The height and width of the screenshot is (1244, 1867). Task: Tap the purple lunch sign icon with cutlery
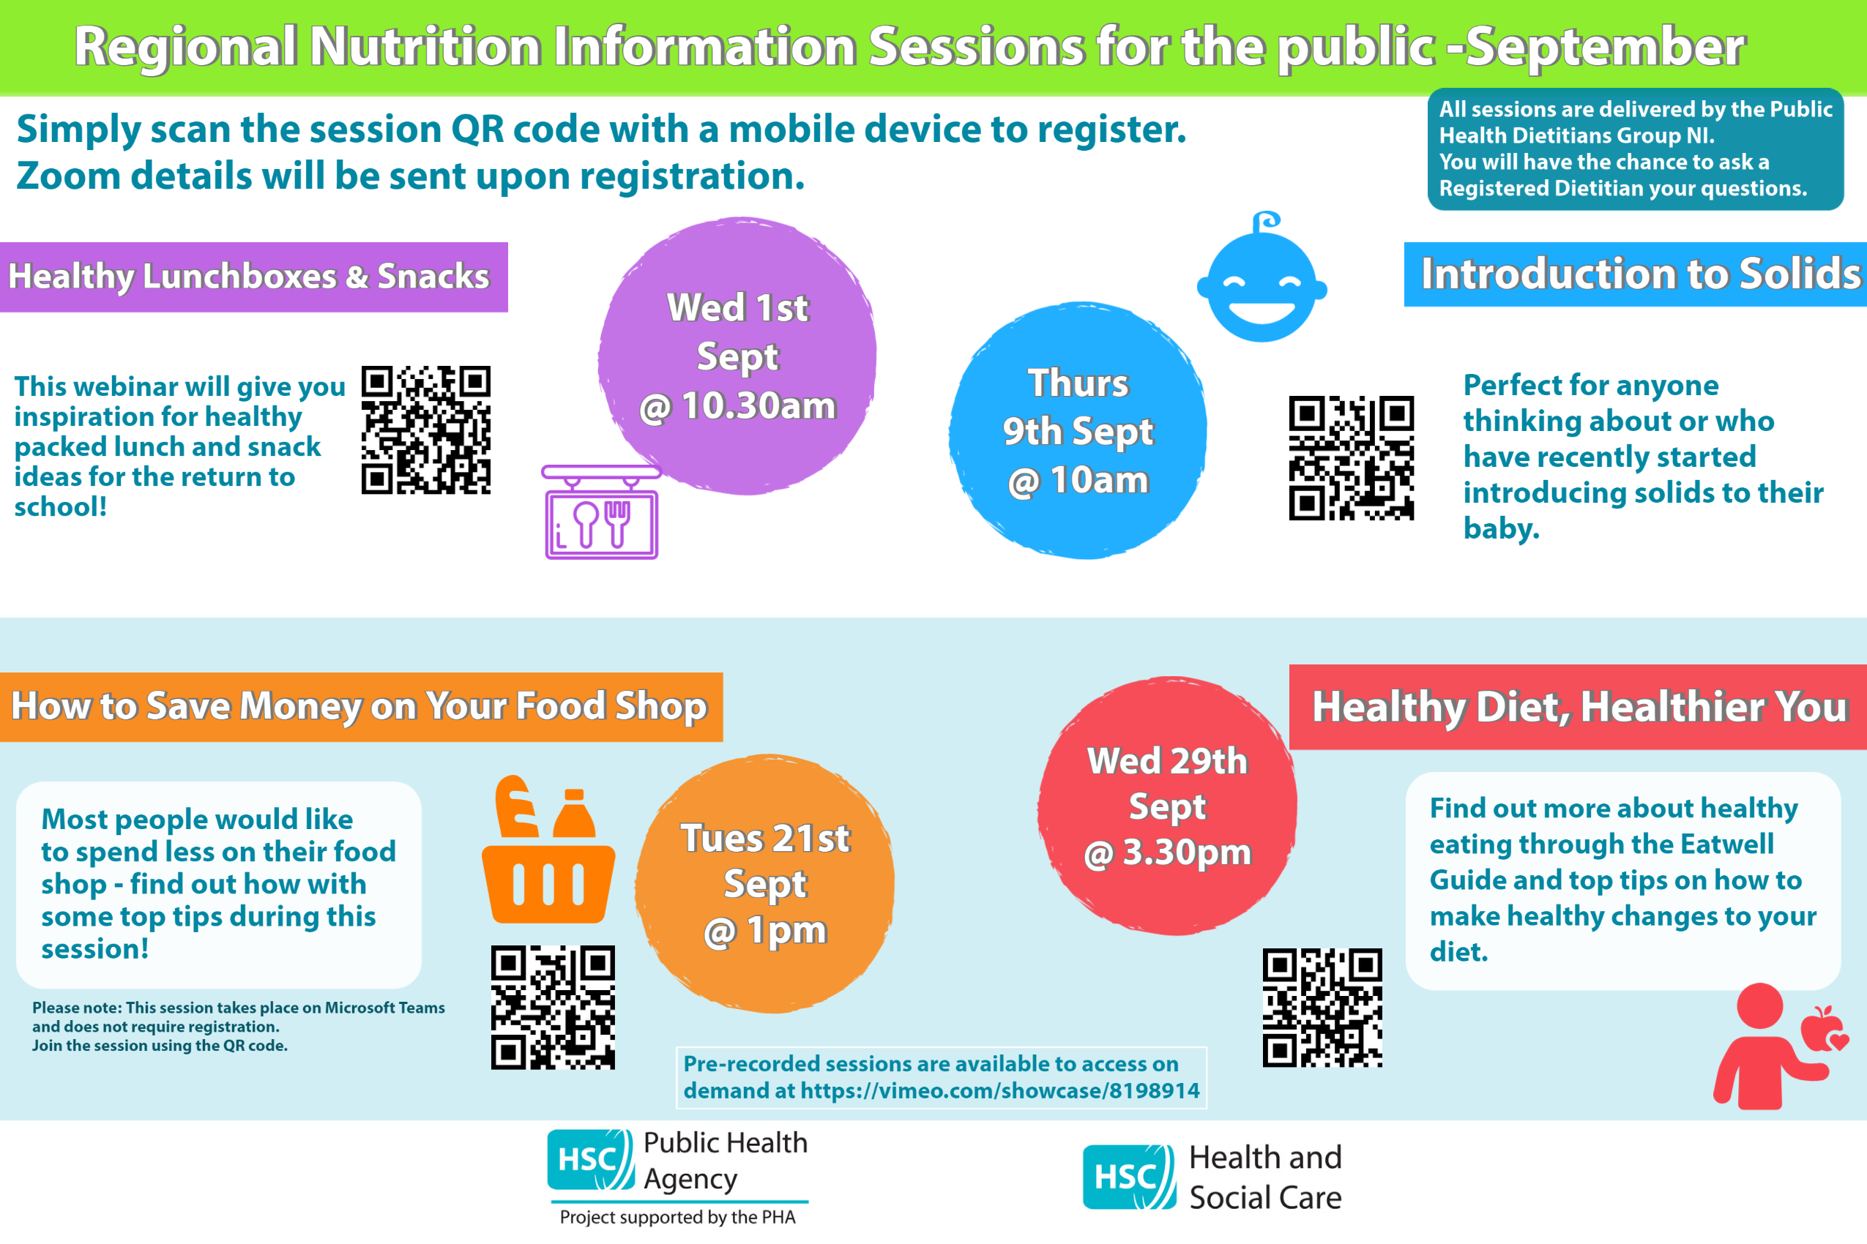tap(601, 512)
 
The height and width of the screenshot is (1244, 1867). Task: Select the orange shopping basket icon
tap(548, 849)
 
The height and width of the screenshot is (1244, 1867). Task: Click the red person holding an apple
tap(1779, 1046)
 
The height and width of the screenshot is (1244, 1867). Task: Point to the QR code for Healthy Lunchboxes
tap(426, 430)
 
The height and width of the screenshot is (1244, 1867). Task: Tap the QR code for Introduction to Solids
tap(1351, 458)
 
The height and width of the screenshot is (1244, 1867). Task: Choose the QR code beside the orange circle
tap(553, 1007)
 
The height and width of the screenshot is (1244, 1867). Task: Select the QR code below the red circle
tap(1322, 1008)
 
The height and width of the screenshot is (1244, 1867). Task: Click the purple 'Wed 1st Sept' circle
tap(737, 356)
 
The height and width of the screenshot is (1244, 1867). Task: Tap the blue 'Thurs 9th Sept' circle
tap(1078, 430)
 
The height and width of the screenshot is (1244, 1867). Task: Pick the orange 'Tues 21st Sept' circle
tap(764, 884)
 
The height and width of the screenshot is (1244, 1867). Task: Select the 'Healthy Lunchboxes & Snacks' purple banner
tap(253, 277)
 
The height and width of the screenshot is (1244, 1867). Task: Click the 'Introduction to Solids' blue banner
tap(1635, 274)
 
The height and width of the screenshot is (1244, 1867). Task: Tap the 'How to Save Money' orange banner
tap(361, 707)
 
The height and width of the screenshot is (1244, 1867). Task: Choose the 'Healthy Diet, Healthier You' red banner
tap(1578, 707)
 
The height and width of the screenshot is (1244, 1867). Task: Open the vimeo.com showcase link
tap(1000, 1091)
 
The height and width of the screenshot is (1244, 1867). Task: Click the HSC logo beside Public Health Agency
tap(592, 1160)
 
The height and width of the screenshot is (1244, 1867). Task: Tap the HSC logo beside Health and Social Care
tap(1129, 1177)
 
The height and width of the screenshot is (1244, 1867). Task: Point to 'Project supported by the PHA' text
tap(677, 1217)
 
